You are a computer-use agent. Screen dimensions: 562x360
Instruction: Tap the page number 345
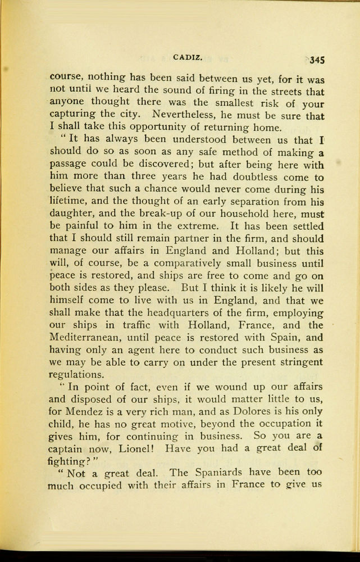pos(317,59)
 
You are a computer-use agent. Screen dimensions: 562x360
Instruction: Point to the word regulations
pos(76,374)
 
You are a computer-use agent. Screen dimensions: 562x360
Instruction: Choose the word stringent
pos(303,362)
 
